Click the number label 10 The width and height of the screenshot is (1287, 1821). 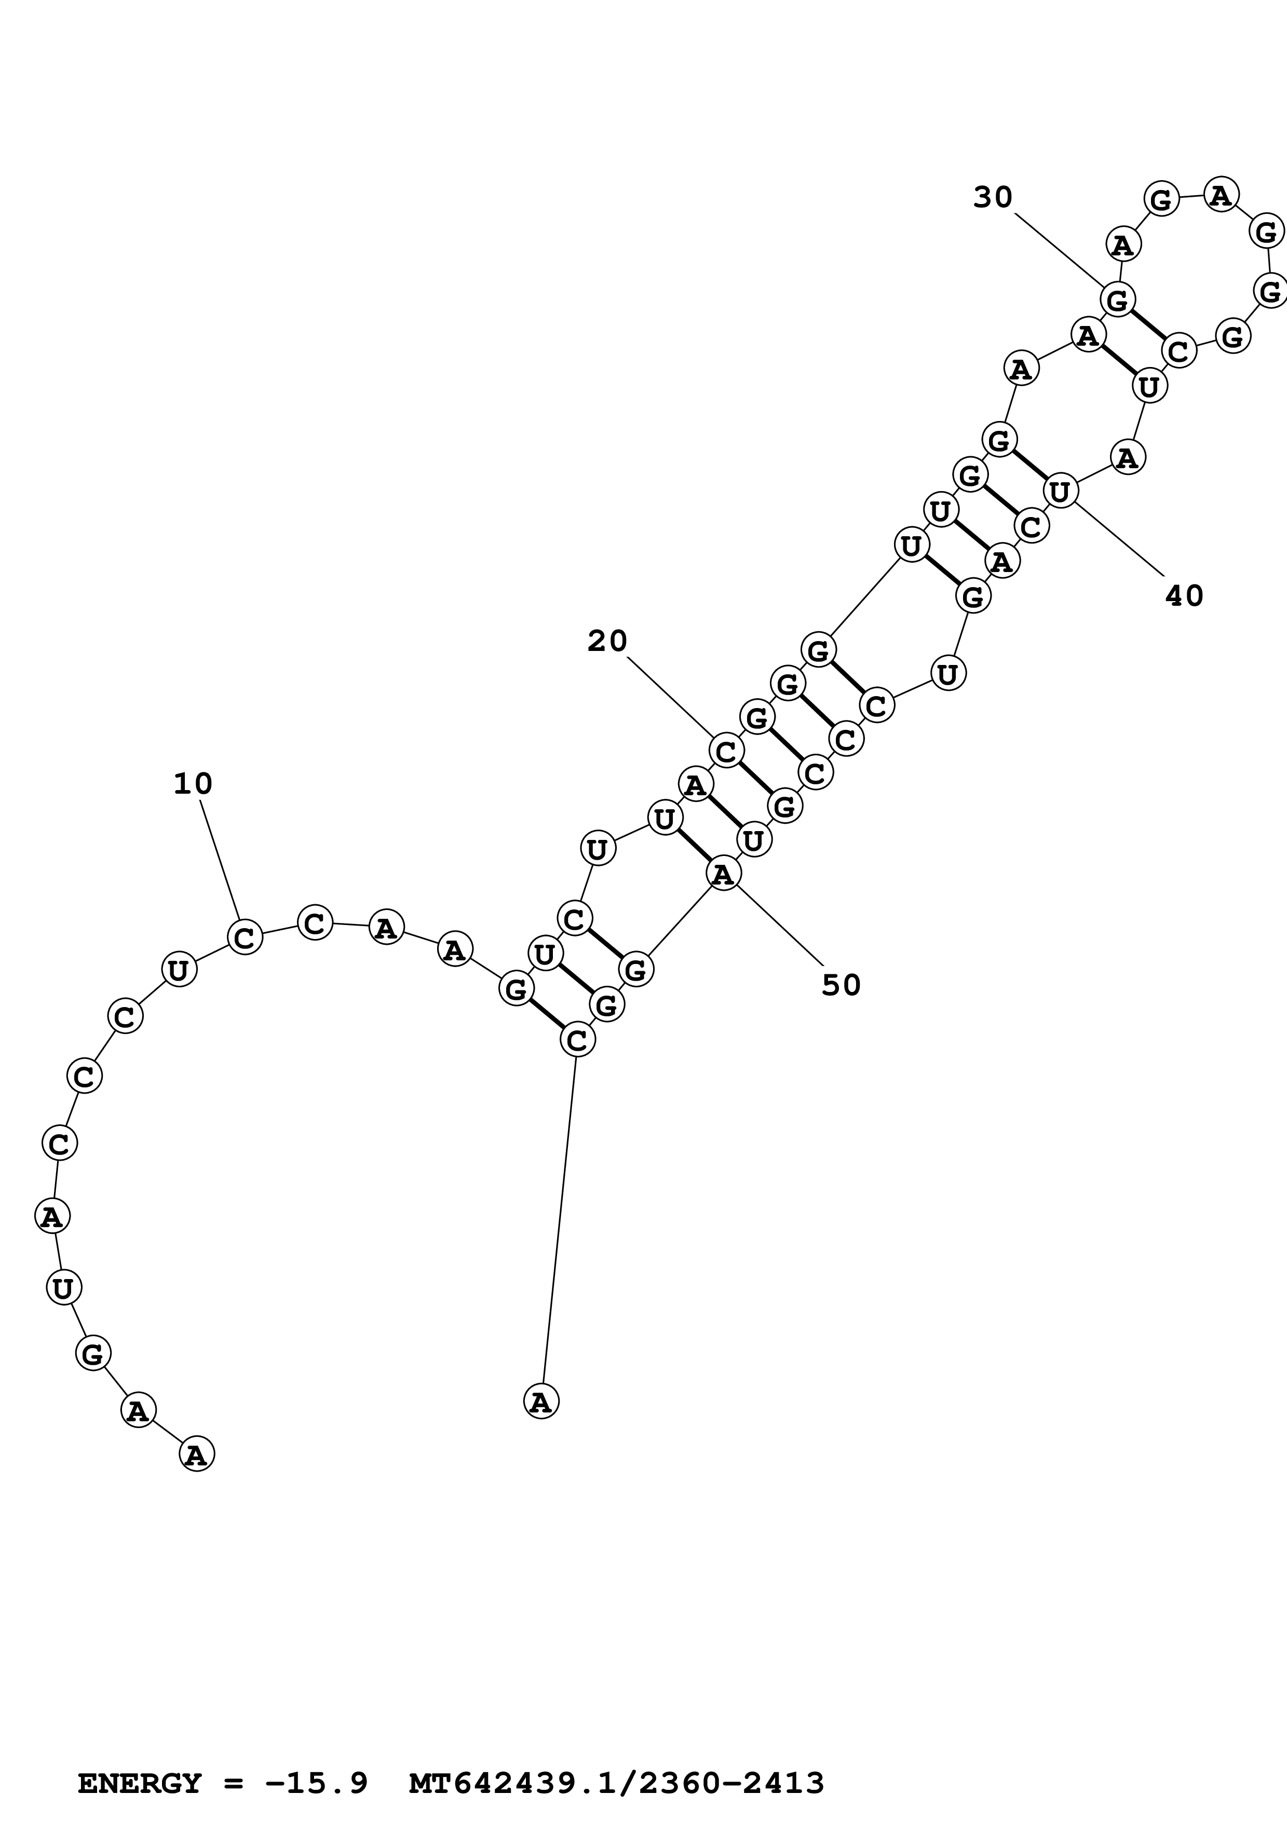pos(193,784)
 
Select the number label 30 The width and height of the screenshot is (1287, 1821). pos(993,197)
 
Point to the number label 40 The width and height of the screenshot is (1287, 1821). pos(1184,595)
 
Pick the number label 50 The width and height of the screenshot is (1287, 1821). pos(841,985)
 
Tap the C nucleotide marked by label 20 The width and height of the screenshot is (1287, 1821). pos(726,750)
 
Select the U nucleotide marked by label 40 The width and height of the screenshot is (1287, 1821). pos(1060,491)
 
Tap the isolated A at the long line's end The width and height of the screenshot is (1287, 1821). pos(541,1402)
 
